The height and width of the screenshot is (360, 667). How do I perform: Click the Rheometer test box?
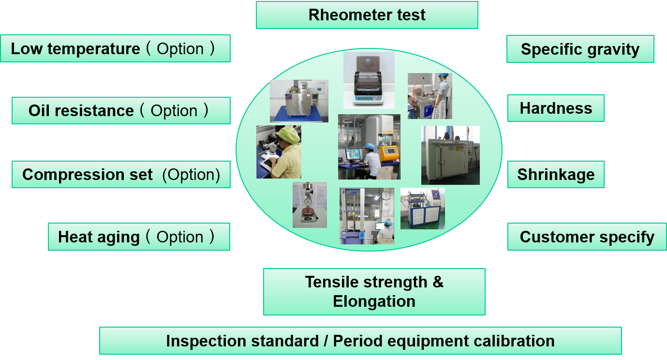click(367, 15)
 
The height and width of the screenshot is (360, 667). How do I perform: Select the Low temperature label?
click(115, 48)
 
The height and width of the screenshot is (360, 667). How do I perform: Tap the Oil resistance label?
click(121, 111)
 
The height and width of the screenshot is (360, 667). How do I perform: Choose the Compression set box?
click(121, 174)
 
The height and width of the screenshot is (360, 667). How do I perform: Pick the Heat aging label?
click(139, 237)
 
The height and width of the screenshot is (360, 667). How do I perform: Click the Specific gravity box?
click(580, 49)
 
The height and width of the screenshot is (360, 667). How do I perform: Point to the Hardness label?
click(556, 108)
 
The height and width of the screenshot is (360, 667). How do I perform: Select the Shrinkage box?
click(556, 174)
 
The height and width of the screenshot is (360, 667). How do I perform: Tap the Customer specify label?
click(587, 237)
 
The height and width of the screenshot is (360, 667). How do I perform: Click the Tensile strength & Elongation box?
click(374, 292)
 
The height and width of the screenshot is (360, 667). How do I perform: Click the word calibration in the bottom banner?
click(514, 341)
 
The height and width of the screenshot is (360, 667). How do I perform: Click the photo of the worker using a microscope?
click(279, 152)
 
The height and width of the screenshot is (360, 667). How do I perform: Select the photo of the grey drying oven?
click(450, 155)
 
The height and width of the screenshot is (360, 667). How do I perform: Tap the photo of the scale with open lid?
click(369, 80)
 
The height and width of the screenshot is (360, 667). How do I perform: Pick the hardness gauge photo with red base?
click(310, 205)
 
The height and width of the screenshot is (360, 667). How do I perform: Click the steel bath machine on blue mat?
click(299, 101)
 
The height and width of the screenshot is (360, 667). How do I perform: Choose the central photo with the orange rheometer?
click(369, 147)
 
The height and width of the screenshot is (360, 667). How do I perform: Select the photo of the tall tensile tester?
click(367, 216)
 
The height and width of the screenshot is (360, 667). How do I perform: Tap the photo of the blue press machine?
click(422, 208)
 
